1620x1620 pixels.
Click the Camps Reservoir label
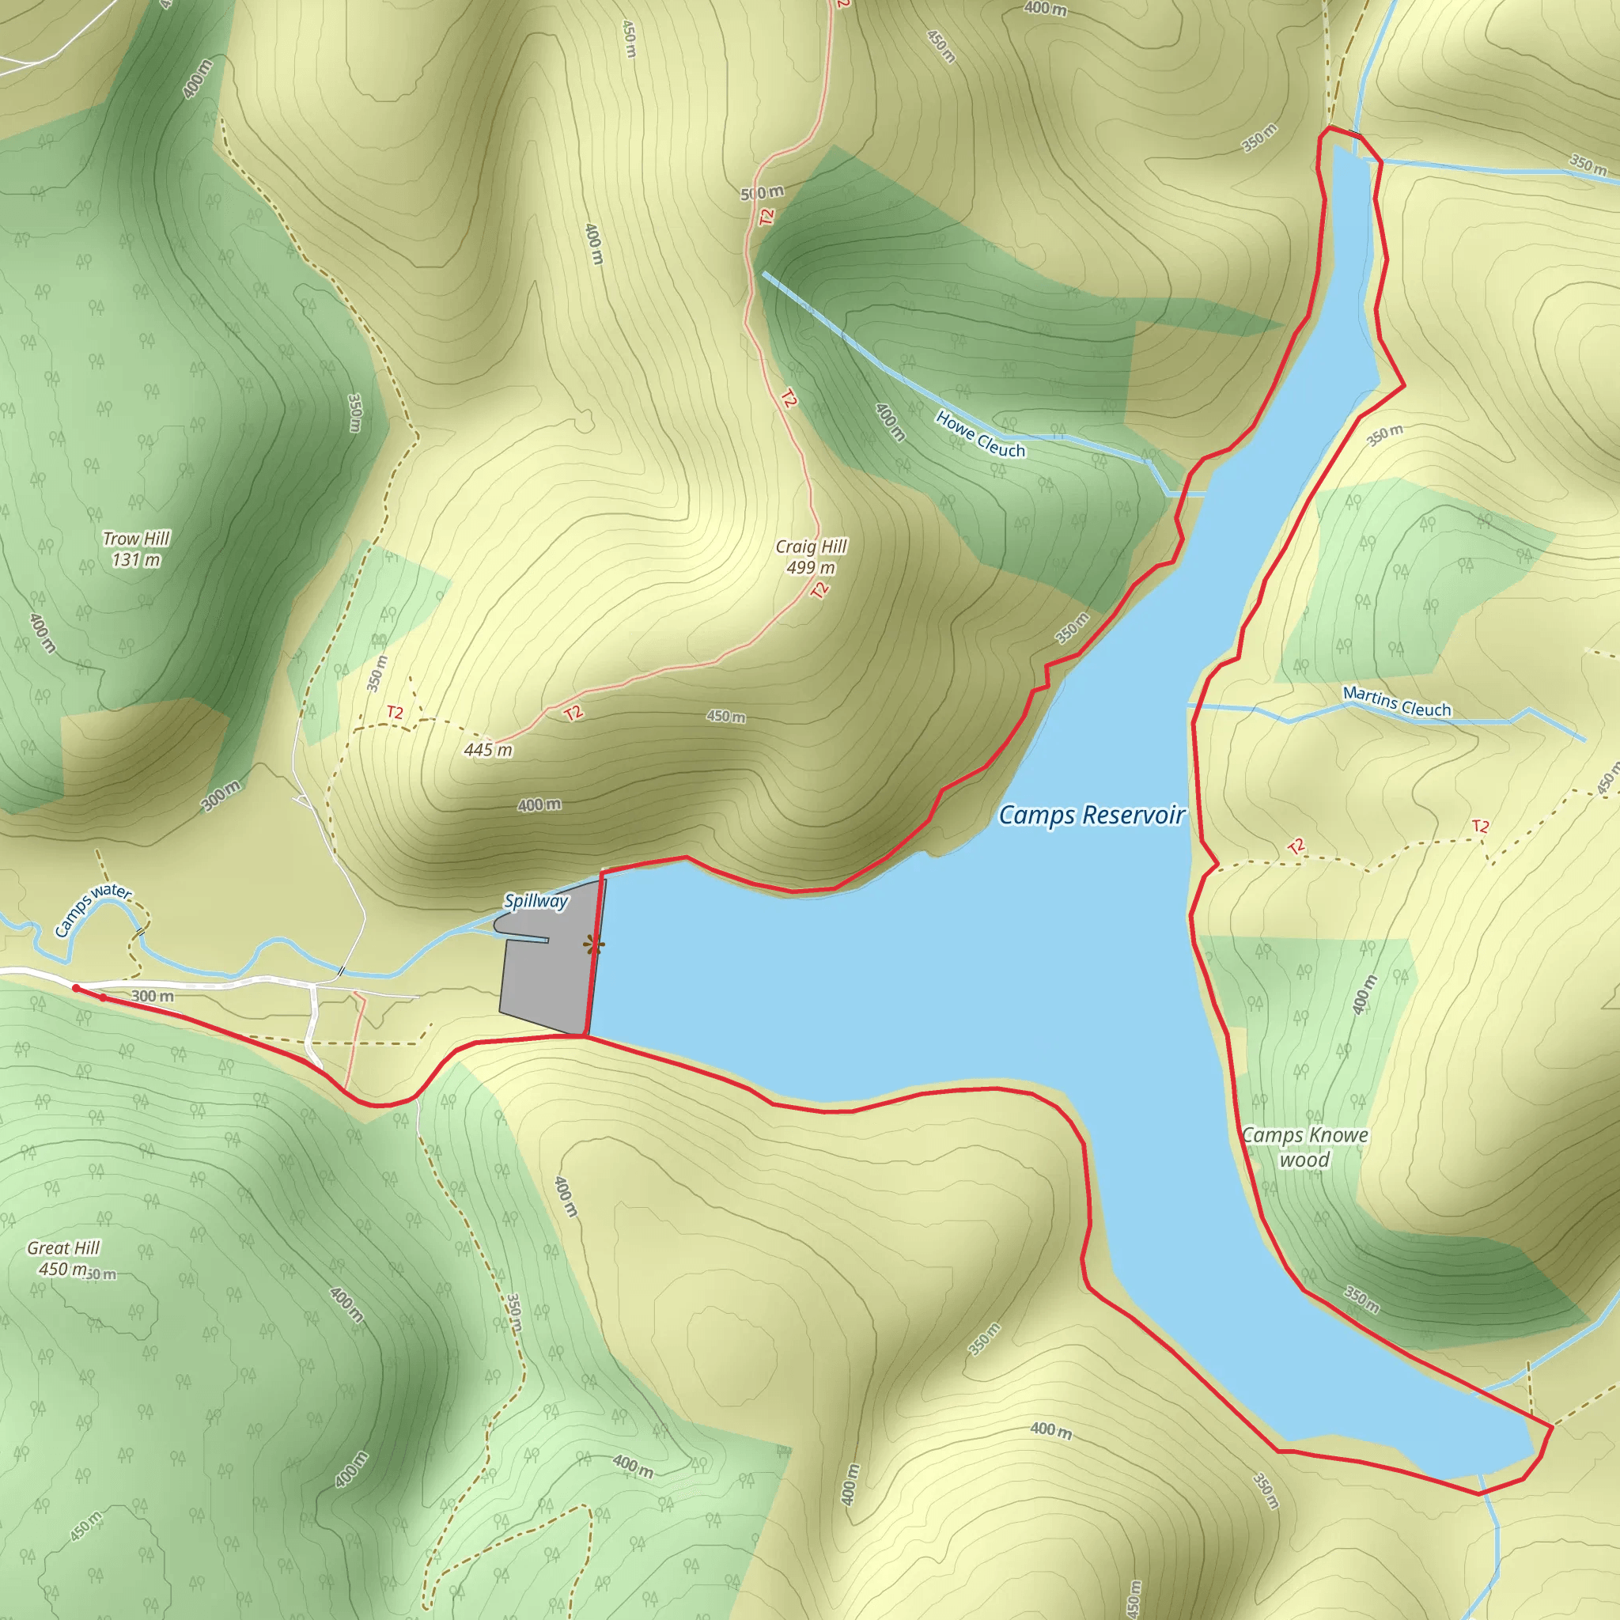coord(1092,815)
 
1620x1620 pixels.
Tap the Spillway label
coord(536,902)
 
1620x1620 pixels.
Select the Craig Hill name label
coord(811,547)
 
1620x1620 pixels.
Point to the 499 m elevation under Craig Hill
coord(811,568)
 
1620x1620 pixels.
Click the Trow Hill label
coord(136,539)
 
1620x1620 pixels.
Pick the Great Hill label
coord(64,1247)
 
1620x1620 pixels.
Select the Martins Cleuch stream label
coord(1396,702)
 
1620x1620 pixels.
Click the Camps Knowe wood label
coord(1304,1147)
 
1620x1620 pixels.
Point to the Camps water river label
coord(93,910)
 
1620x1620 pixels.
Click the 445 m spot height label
coord(488,750)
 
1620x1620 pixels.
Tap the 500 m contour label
coord(763,193)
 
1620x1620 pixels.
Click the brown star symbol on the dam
coord(594,946)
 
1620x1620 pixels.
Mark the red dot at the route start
coord(76,989)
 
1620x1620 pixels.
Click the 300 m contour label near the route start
coord(153,996)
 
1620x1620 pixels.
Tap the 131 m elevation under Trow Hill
coord(136,560)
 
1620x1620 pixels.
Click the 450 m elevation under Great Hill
coord(62,1269)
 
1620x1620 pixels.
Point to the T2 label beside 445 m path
coord(395,713)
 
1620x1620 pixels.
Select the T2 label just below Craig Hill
coord(820,589)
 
